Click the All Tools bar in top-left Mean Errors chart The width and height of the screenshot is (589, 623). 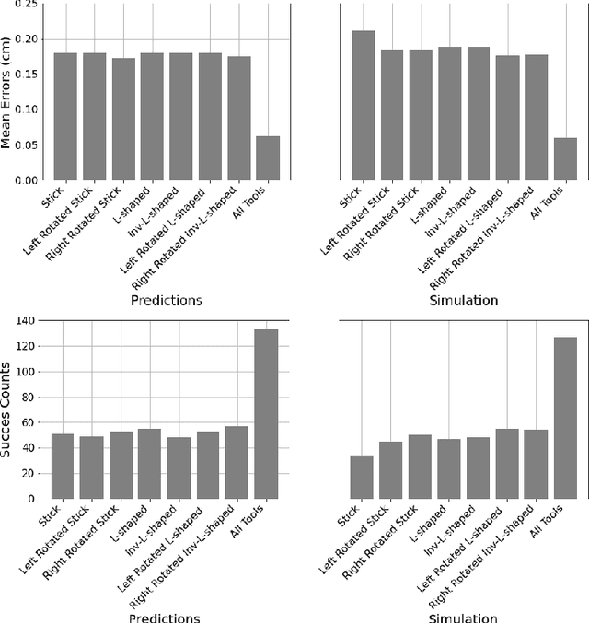268,157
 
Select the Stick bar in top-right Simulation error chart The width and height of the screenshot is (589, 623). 364,105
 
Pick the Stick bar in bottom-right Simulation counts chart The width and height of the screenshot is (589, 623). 363,477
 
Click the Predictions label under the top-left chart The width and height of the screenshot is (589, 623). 166,300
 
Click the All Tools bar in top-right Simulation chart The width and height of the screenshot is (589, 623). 565,158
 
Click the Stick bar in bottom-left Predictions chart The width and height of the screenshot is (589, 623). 63,466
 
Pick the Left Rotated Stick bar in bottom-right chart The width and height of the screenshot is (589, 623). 391,470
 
